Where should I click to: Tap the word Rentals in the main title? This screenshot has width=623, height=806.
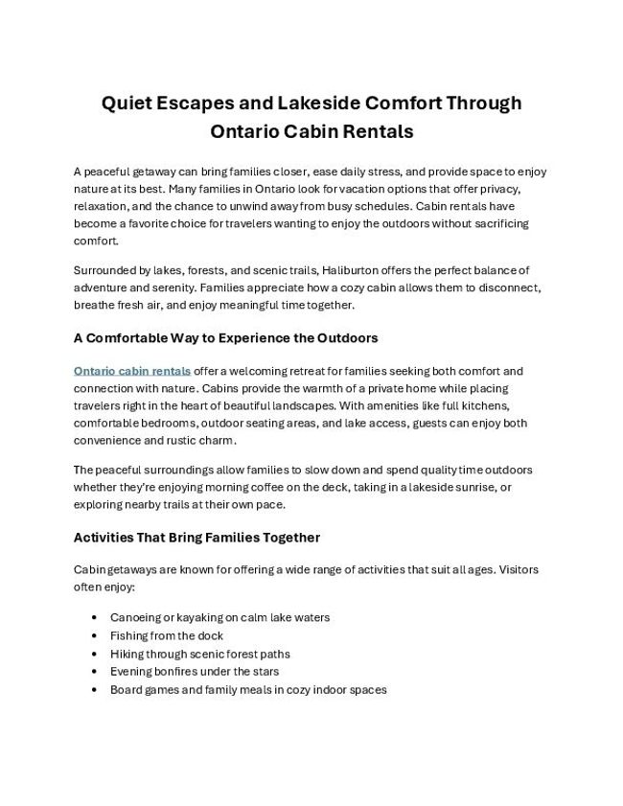coord(374,130)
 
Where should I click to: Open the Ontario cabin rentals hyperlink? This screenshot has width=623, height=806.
coord(132,370)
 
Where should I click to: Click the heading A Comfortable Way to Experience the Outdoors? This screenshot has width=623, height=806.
coord(225,337)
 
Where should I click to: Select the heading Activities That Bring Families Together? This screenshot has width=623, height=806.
coord(196,537)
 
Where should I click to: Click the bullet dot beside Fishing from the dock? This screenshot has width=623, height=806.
coord(93,636)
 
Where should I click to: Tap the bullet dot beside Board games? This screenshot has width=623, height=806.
coord(93,689)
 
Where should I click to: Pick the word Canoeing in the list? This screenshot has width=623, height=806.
coord(136,618)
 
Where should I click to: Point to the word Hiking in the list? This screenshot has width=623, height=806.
coord(127,654)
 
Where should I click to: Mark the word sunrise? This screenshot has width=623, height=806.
coord(463,488)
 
